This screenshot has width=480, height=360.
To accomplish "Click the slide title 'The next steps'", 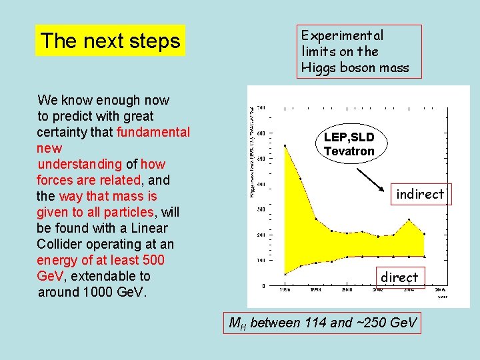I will [110, 41].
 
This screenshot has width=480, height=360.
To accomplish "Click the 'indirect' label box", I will [420, 194].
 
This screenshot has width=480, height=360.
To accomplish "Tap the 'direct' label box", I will [399, 277].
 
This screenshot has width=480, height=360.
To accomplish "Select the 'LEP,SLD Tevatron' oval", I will [349, 144].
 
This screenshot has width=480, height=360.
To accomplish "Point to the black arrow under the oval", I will [373, 179].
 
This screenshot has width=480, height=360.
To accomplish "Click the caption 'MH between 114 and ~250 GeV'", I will [323, 323].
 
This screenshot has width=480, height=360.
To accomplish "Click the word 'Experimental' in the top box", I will [342, 35].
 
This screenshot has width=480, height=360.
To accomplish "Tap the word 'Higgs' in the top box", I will [319, 67].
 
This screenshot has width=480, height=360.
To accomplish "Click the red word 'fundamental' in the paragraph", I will [153, 132].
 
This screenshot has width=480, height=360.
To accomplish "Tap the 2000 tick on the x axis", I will [347, 290].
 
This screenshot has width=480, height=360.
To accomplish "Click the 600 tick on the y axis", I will [261, 133].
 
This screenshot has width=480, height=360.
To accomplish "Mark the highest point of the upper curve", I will [285, 145].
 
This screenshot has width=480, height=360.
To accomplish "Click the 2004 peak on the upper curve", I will [409, 219].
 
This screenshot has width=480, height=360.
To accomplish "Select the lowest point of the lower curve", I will [285, 273].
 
